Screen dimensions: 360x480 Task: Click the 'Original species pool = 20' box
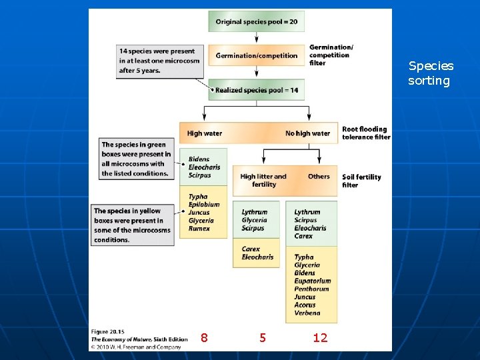[x=257, y=21]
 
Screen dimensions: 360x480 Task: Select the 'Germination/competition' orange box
[x=257, y=55]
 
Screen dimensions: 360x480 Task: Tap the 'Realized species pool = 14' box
[x=257, y=89]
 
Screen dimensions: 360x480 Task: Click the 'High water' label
[x=205, y=133]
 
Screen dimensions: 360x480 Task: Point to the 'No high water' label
[x=307, y=133]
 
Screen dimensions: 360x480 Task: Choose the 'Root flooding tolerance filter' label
[x=365, y=133]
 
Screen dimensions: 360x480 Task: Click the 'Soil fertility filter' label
[x=361, y=181]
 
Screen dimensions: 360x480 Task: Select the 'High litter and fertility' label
[x=263, y=180]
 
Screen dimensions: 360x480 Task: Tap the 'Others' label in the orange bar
[x=319, y=177]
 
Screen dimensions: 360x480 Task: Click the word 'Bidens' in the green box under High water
[x=199, y=159]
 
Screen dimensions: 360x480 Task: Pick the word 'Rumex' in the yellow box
[x=199, y=229]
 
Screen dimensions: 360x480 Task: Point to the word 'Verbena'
[x=307, y=313]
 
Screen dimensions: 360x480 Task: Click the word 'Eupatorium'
[x=313, y=281]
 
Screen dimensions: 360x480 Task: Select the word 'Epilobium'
[x=204, y=205]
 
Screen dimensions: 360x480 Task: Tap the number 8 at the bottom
[x=204, y=338]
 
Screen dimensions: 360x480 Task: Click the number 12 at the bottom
[x=320, y=338]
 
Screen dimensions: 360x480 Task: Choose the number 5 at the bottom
[x=263, y=338]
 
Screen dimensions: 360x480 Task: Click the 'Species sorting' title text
[x=431, y=73]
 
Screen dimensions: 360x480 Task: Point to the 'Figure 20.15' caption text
[x=107, y=331]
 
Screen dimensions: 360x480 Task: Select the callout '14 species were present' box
[x=157, y=61]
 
